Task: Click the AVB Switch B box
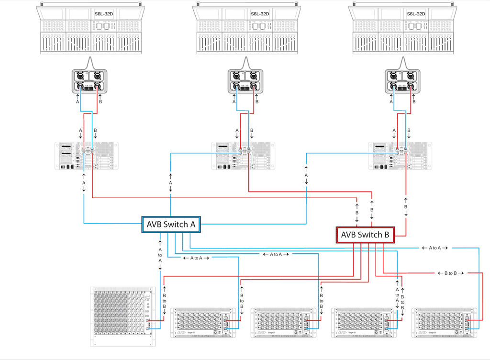[366, 235]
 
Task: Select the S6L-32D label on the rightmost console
[416, 14]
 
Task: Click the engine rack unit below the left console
[87, 156]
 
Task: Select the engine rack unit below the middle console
[243, 156]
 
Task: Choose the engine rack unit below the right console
[400, 156]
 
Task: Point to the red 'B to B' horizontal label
[451, 273]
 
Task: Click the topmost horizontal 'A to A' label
[434, 248]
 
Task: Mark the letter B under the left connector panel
[100, 102]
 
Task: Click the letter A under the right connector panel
[391, 102]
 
